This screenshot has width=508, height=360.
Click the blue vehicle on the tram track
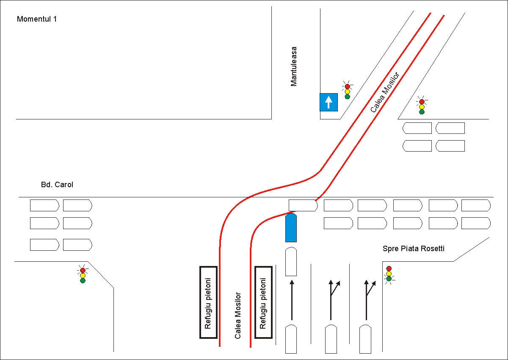coord(291,228)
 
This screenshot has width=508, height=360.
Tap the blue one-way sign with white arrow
coord(329,102)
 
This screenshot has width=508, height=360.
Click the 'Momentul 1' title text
coord(37,19)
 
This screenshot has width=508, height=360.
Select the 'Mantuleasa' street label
coord(294,66)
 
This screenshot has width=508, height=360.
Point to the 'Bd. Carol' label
coord(55,185)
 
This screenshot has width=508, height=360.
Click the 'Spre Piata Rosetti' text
coord(413,249)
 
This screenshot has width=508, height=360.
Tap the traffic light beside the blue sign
coord(348,91)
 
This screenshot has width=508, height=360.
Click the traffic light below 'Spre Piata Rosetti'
coord(389,274)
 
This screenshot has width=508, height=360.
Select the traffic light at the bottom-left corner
coord(83,275)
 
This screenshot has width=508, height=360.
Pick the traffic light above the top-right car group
coord(422,107)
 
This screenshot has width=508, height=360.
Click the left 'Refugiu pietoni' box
coord(208,302)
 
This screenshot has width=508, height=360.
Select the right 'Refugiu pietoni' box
coord(263,302)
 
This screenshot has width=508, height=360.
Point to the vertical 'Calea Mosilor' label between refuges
coord(238,315)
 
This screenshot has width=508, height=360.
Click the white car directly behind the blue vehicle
coord(291,262)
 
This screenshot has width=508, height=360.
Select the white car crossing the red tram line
coord(303,205)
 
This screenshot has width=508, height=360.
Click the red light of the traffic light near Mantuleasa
coord(348,86)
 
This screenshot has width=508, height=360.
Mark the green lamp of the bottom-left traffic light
coord(83,280)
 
